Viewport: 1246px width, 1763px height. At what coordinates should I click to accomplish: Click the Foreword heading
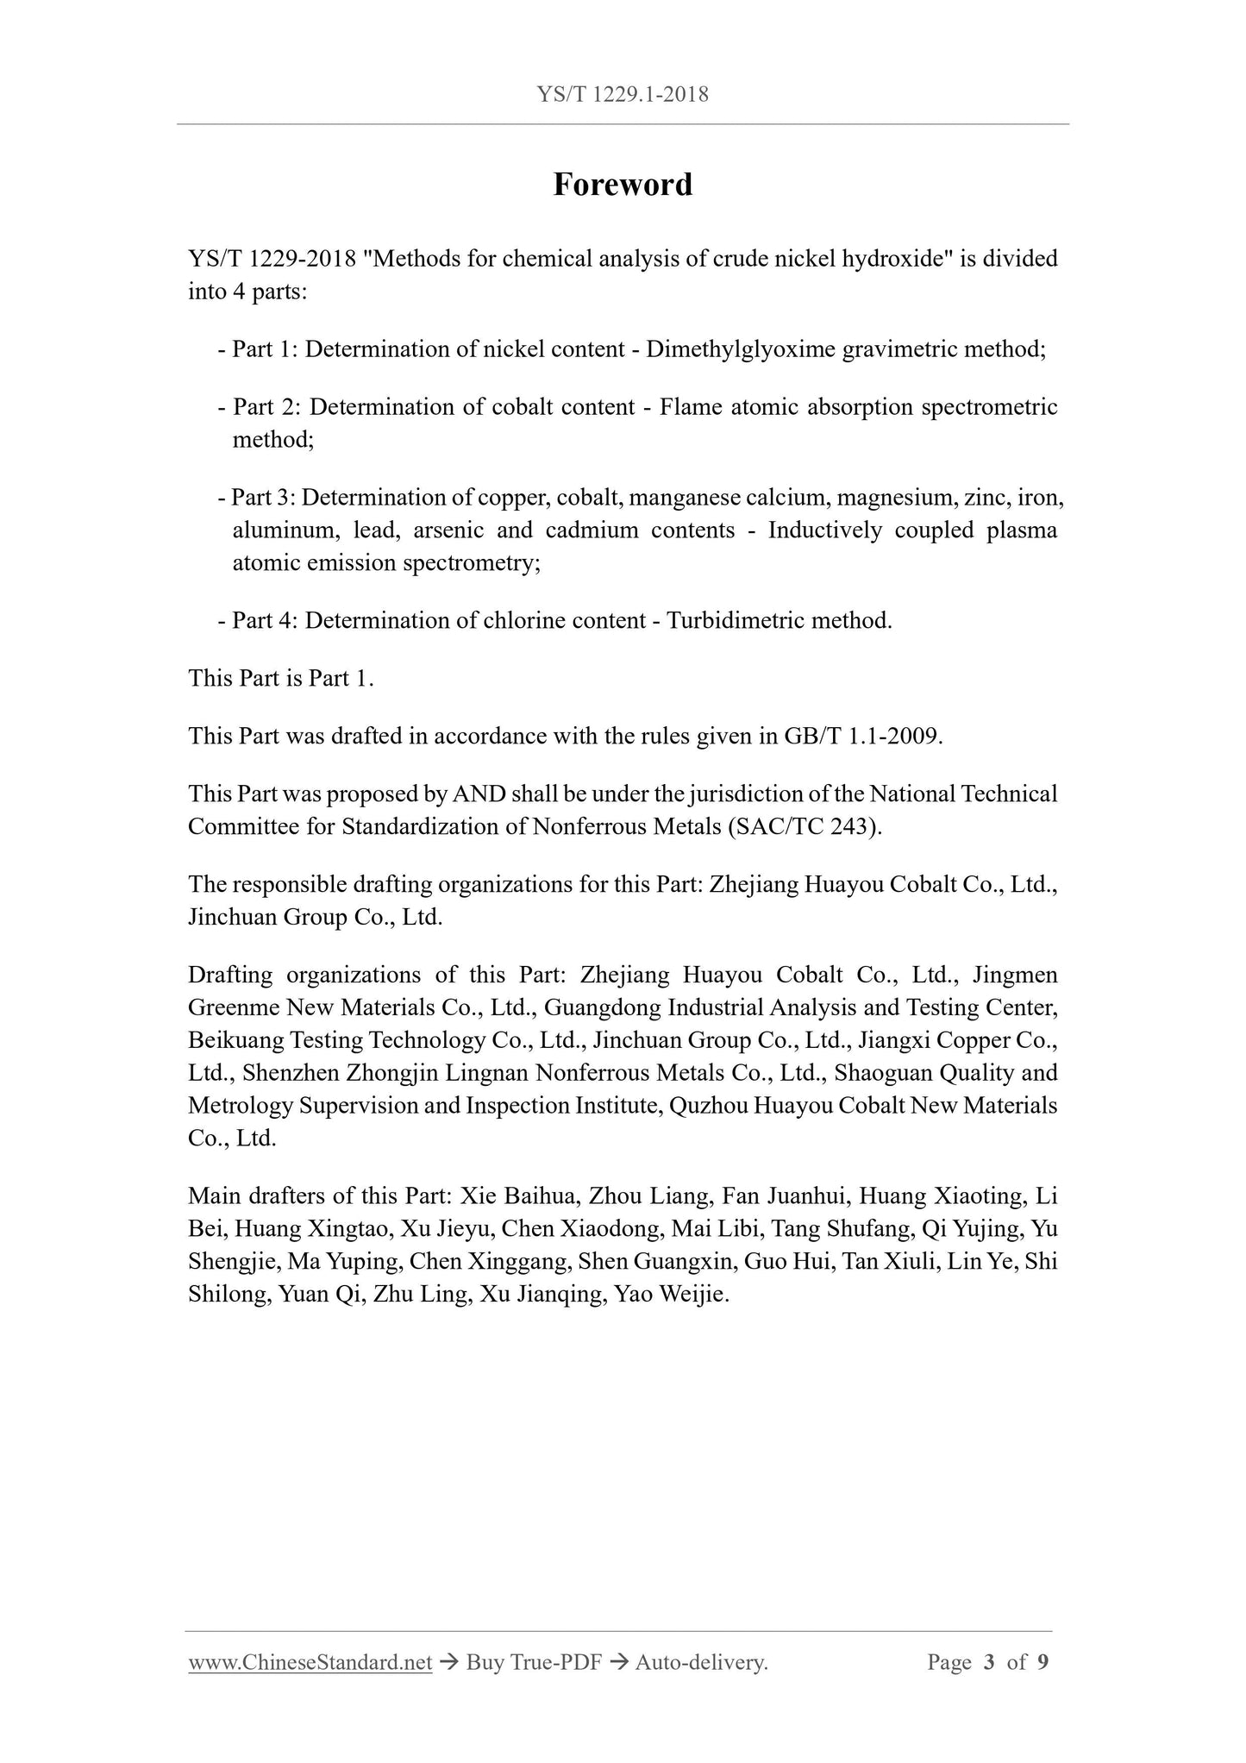coord(623,185)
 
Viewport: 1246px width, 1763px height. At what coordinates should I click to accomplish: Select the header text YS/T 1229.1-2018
coord(623,94)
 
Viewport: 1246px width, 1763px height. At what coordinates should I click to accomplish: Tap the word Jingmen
coord(1015,976)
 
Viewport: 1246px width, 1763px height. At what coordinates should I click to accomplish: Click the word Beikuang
coord(235,1041)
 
